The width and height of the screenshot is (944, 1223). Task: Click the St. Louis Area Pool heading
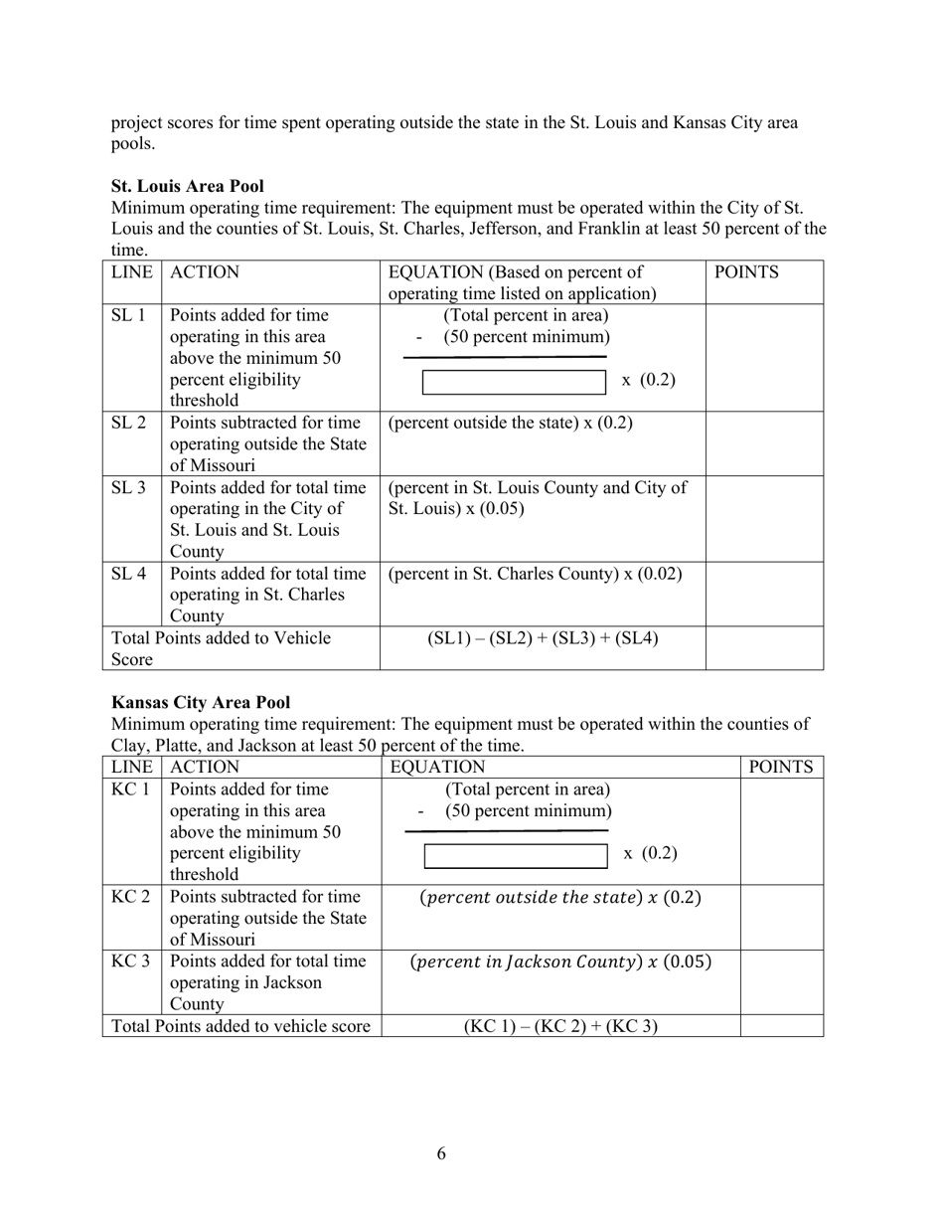click(188, 186)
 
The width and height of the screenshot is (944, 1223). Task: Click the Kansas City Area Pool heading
click(201, 702)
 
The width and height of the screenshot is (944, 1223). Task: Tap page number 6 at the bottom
click(441, 1153)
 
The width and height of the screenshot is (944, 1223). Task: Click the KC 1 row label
click(130, 789)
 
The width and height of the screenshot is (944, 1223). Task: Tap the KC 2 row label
click(130, 897)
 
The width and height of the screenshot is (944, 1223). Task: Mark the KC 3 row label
click(130, 961)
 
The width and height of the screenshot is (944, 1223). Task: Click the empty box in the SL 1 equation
click(514, 382)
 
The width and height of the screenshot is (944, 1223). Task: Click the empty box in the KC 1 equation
click(516, 855)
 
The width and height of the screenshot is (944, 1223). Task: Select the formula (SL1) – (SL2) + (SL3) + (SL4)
click(543, 638)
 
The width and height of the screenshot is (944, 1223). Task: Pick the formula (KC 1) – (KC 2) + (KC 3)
click(560, 1026)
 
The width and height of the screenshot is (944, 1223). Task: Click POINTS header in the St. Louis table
click(746, 272)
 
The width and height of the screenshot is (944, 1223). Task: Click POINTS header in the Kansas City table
click(781, 767)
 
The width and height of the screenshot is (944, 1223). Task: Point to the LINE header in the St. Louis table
click(132, 272)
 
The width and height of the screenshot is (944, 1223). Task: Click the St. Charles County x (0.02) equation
click(535, 574)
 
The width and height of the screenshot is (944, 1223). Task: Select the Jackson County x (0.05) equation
click(560, 961)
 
